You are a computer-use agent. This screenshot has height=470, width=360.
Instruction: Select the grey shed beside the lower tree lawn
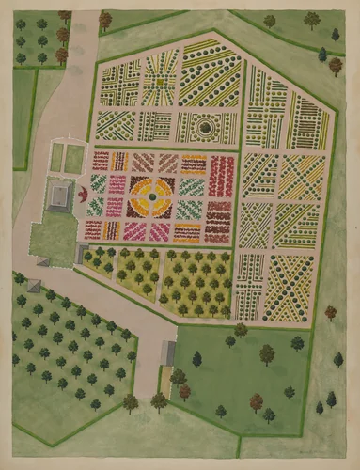point(168,352)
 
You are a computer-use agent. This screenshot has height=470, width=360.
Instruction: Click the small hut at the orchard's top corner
point(36,285)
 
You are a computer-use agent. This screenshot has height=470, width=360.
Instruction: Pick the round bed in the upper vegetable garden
point(205,127)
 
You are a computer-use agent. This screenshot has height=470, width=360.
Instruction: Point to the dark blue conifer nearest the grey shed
point(197,358)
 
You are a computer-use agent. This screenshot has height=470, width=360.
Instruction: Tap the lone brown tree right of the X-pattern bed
point(330,312)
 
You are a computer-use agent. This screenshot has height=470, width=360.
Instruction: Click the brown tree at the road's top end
point(105,19)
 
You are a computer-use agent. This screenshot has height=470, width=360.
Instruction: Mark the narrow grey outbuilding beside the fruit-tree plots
point(79,254)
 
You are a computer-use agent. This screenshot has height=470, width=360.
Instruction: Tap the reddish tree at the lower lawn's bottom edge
point(257,401)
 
